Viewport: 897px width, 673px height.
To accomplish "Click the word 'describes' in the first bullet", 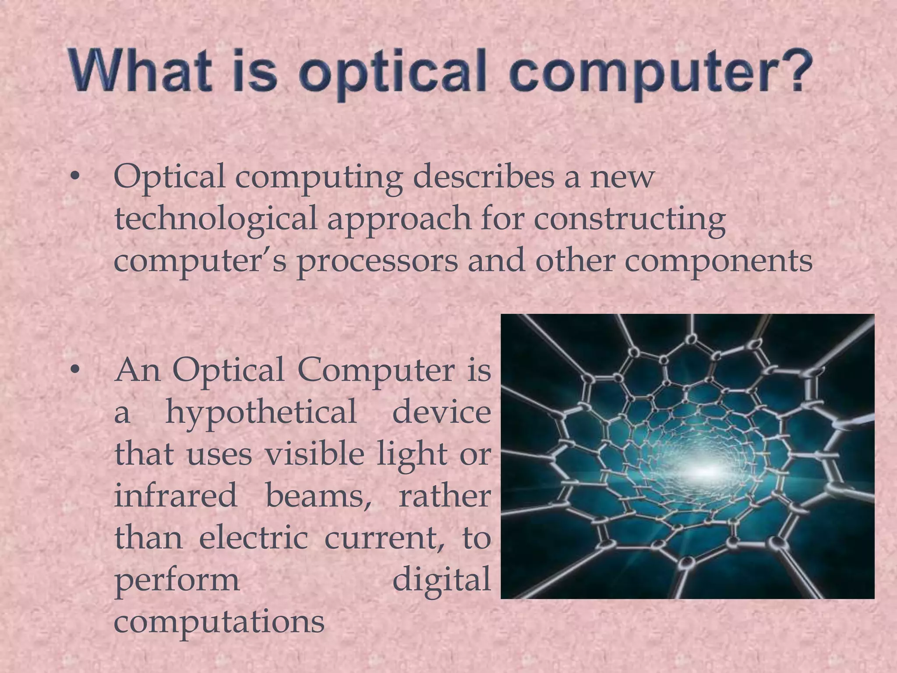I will pos(484,177).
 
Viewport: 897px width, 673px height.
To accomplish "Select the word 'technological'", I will pos(215,219).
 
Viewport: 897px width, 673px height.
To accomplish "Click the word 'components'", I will pos(718,261).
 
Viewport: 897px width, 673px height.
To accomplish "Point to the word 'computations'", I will pos(219,621).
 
